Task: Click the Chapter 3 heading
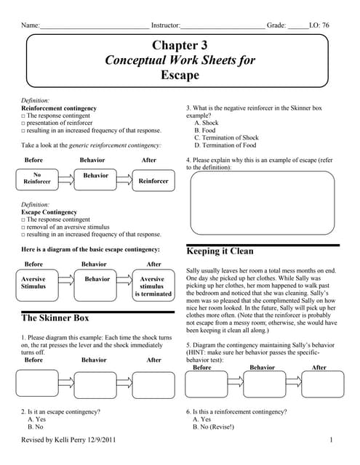coord(180,46)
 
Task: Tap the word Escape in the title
coord(180,74)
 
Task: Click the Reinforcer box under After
coord(153,180)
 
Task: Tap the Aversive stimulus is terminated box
coord(152,286)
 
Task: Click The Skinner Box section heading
coord(55,318)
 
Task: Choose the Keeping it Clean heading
coord(220,251)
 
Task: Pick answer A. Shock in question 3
coord(206,123)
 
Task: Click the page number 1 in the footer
coord(331,441)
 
